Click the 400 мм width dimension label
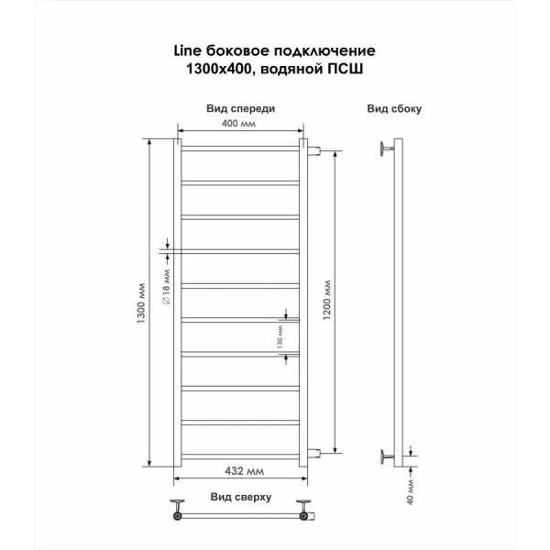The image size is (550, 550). pyautogui.click(x=238, y=124)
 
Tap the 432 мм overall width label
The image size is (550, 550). pyautogui.click(x=244, y=471)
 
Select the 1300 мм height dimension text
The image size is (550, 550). pyautogui.click(x=141, y=302)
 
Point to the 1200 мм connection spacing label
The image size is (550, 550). pyautogui.click(x=326, y=300)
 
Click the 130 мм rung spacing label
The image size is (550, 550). pyautogui.click(x=280, y=336)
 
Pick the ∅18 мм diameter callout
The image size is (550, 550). pyautogui.click(x=166, y=287)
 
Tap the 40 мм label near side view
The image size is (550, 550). pyautogui.click(x=411, y=492)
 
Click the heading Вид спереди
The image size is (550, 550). pyautogui.click(x=240, y=108)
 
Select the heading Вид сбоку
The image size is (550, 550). pyautogui.click(x=394, y=109)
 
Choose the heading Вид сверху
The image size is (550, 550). pyautogui.click(x=241, y=497)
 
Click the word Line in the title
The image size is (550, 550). pyautogui.click(x=188, y=50)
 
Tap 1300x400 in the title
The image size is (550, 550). pyautogui.click(x=219, y=69)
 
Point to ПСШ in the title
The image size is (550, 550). pyautogui.click(x=346, y=69)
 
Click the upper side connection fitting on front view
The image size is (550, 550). pyautogui.click(x=313, y=151)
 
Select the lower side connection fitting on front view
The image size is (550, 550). pyautogui.click(x=313, y=453)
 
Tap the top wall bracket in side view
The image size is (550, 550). pyautogui.click(x=387, y=148)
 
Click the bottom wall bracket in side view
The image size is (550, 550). pyautogui.click(x=387, y=456)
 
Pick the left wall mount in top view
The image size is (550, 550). pyautogui.click(x=178, y=509)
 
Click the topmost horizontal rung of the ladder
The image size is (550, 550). pyautogui.click(x=240, y=148)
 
